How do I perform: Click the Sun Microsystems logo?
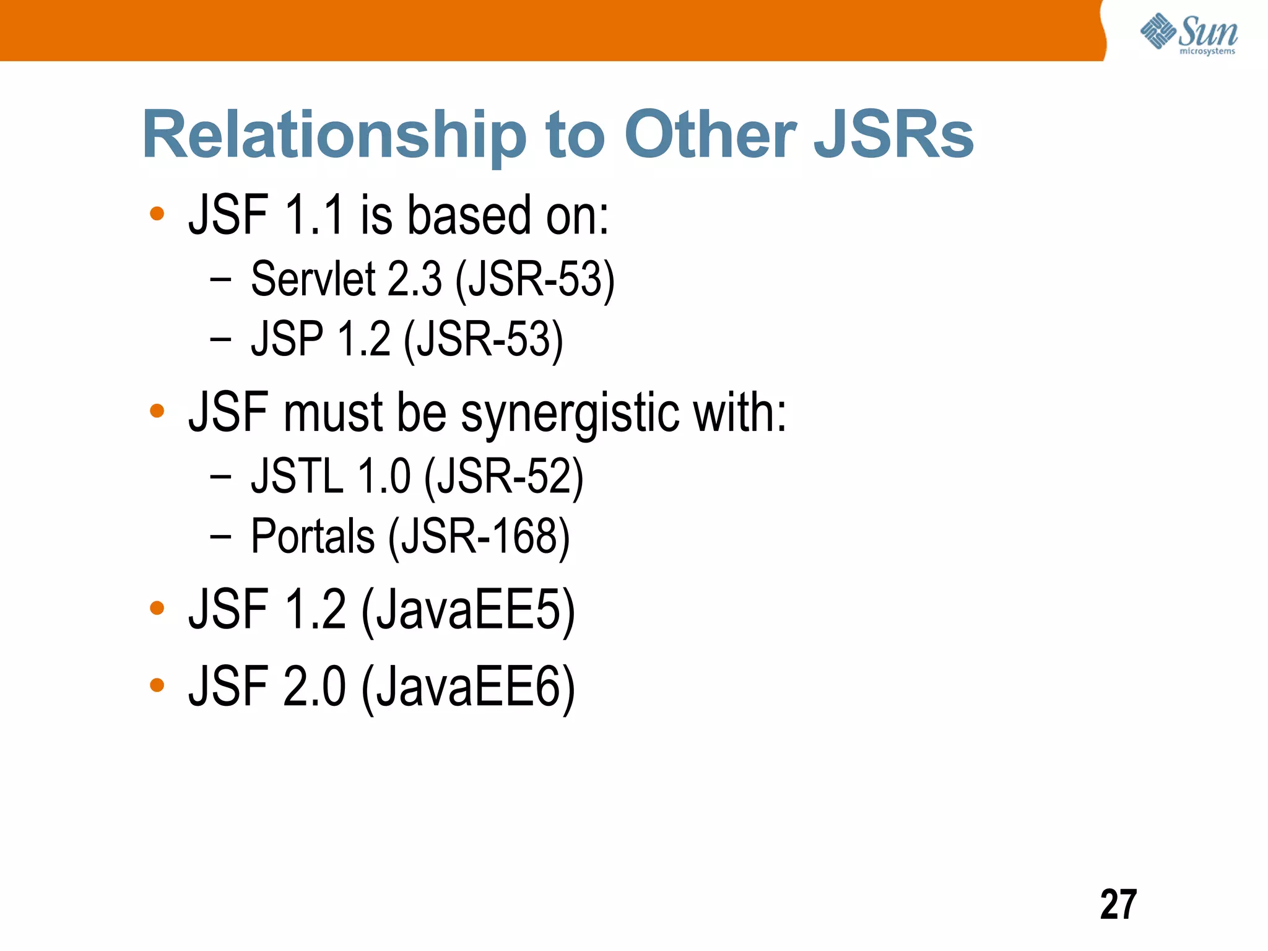point(1189,33)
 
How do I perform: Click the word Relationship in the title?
point(334,135)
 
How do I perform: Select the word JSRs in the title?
point(893,135)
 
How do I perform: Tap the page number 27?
point(1118,905)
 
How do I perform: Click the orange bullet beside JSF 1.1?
point(157,214)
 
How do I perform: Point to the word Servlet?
point(313,279)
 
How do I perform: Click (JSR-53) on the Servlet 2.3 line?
point(535,280)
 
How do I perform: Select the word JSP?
point(287,339)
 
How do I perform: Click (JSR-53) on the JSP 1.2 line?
point(484,340)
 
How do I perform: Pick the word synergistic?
point(570,414)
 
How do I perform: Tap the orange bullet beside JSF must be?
point(157,411)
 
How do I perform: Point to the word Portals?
point(313,536)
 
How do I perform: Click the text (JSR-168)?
point(479,537)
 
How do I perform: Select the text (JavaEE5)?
point(468,610)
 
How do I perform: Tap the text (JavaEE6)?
point(468,687)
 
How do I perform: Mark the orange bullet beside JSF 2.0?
point(157,685)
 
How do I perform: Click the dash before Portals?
point(220,536)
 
